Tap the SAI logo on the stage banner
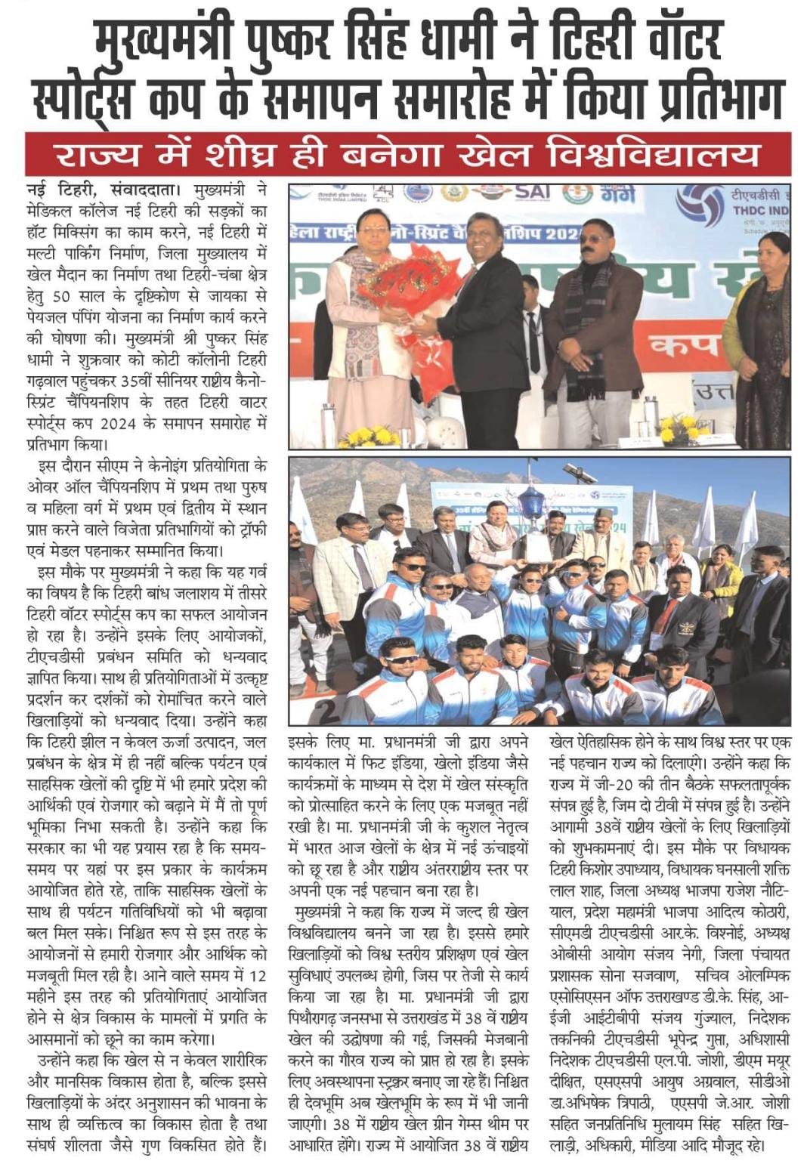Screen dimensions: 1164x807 click(x=531, y=192)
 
